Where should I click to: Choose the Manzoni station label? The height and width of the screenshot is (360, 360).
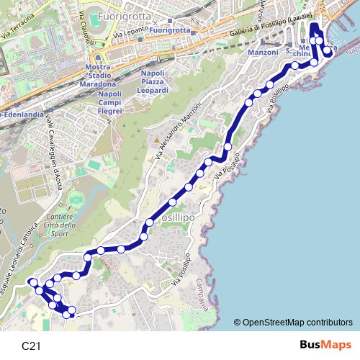(262, 53)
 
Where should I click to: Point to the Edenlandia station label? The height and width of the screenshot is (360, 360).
(19, 116)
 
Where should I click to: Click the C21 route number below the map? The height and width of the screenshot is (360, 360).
(31, 346)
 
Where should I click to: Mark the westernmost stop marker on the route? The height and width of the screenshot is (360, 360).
(32, 282)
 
